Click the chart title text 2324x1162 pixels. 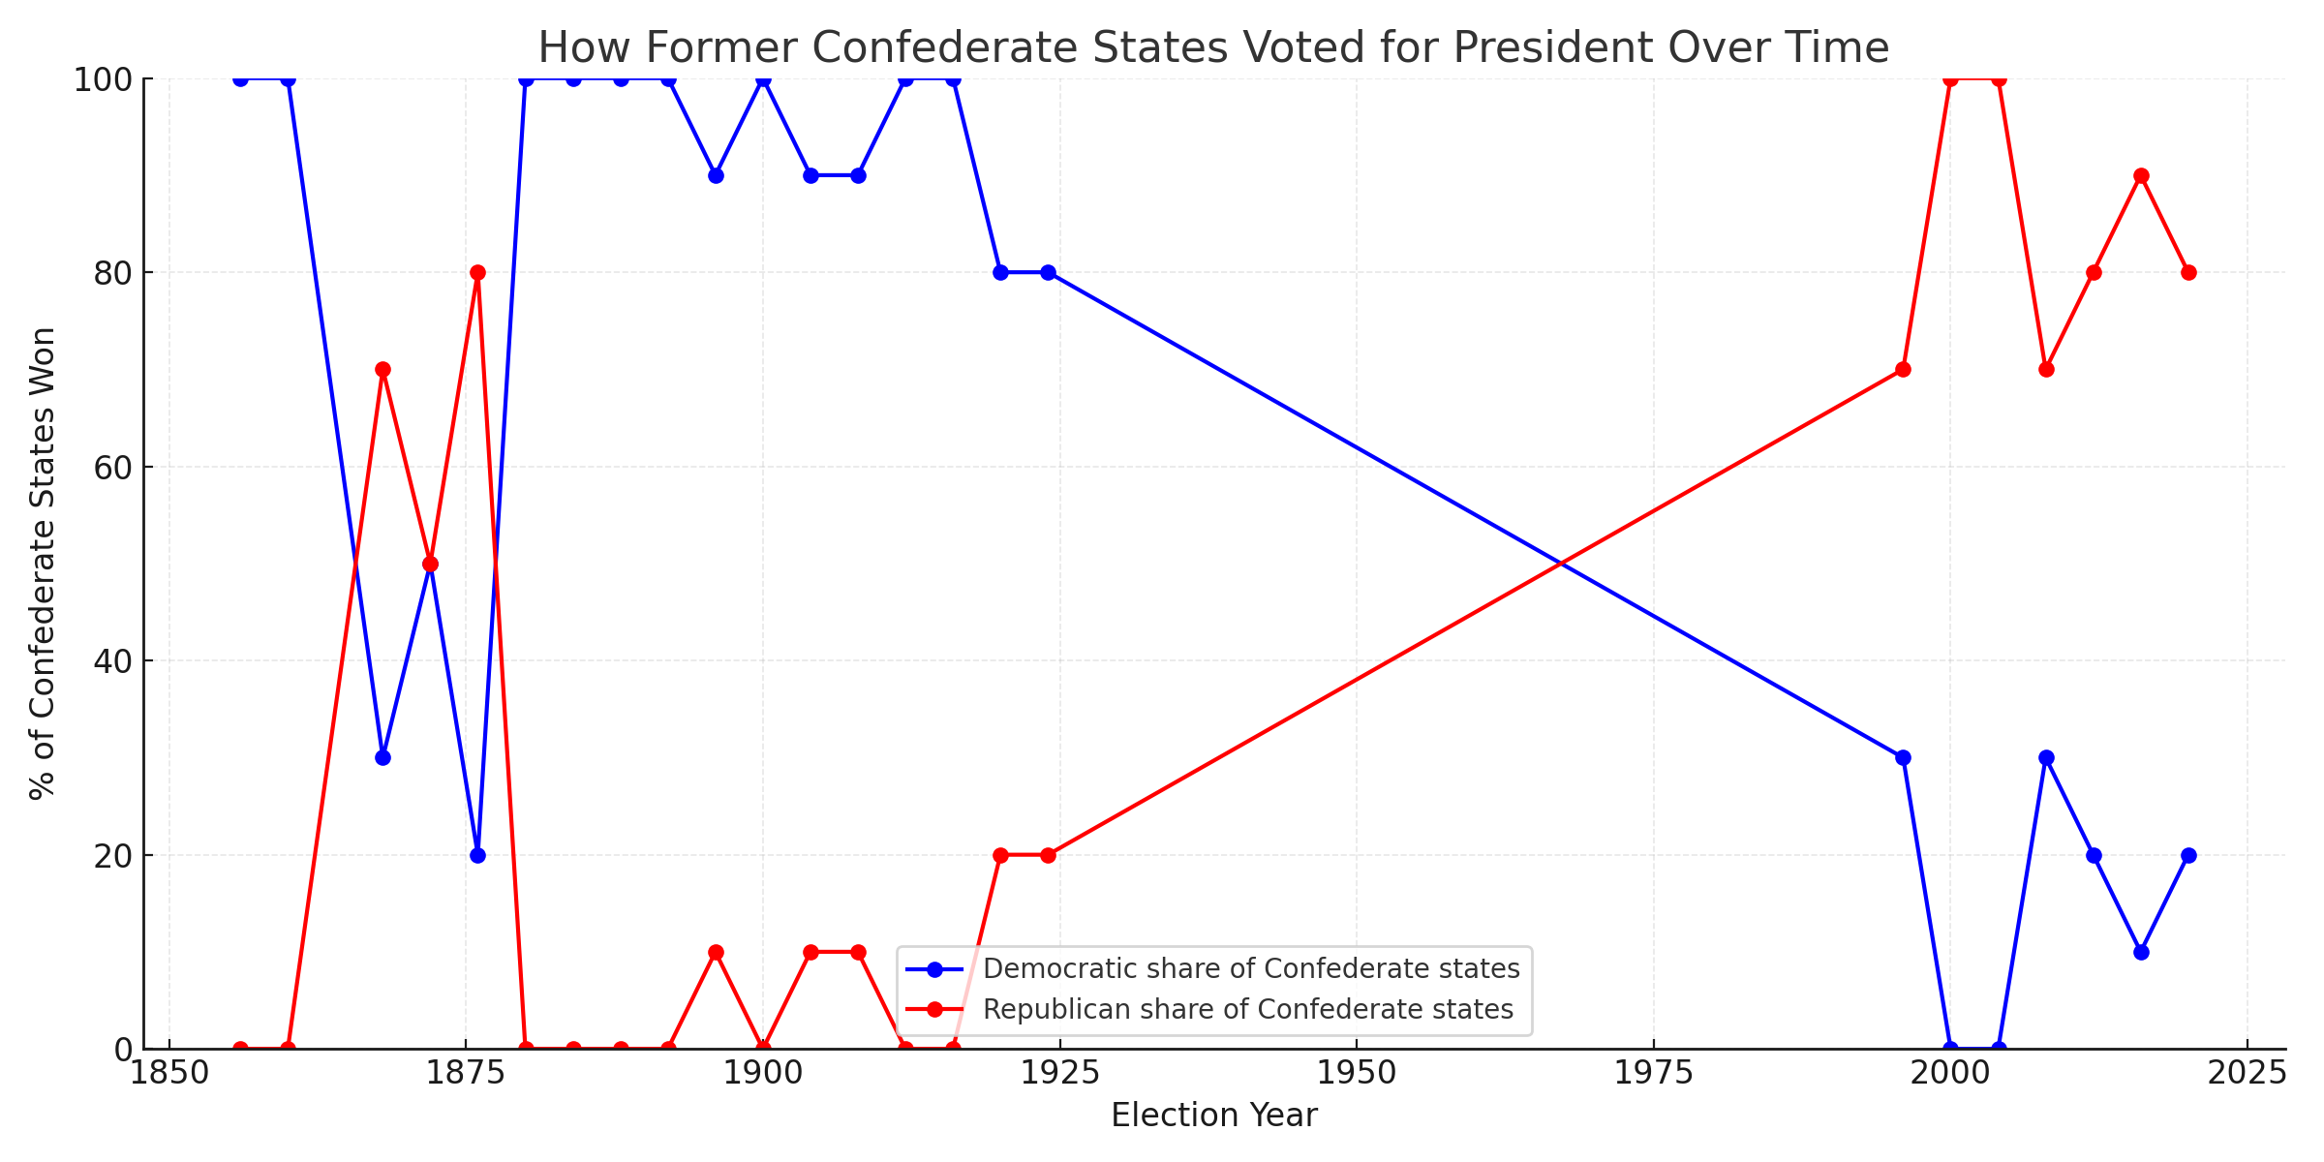(1213, 47)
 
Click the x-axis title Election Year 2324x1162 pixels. (1213, 1116)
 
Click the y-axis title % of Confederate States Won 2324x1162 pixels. (43, 564)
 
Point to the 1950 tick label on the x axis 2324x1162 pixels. (1356, 1074)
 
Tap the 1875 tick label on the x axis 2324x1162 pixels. (466, 1074)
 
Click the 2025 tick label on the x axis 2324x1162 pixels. (2247, 1074)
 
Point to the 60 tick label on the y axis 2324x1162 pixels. (112, 467)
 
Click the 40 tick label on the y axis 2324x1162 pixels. (112, 661)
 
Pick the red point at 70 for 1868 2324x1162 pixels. (382, 370)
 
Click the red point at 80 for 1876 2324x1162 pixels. (477, 272)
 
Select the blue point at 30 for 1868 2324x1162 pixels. (382, 757)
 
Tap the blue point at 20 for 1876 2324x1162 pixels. (477, 855)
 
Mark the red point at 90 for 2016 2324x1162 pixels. (2141, 175)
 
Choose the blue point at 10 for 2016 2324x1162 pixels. (2141, 952)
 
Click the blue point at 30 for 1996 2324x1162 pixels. (1903, 757)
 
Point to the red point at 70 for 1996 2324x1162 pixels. (1903, 370)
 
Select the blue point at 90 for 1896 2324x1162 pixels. (716, 175)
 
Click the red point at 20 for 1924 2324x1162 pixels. (1048, 855)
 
